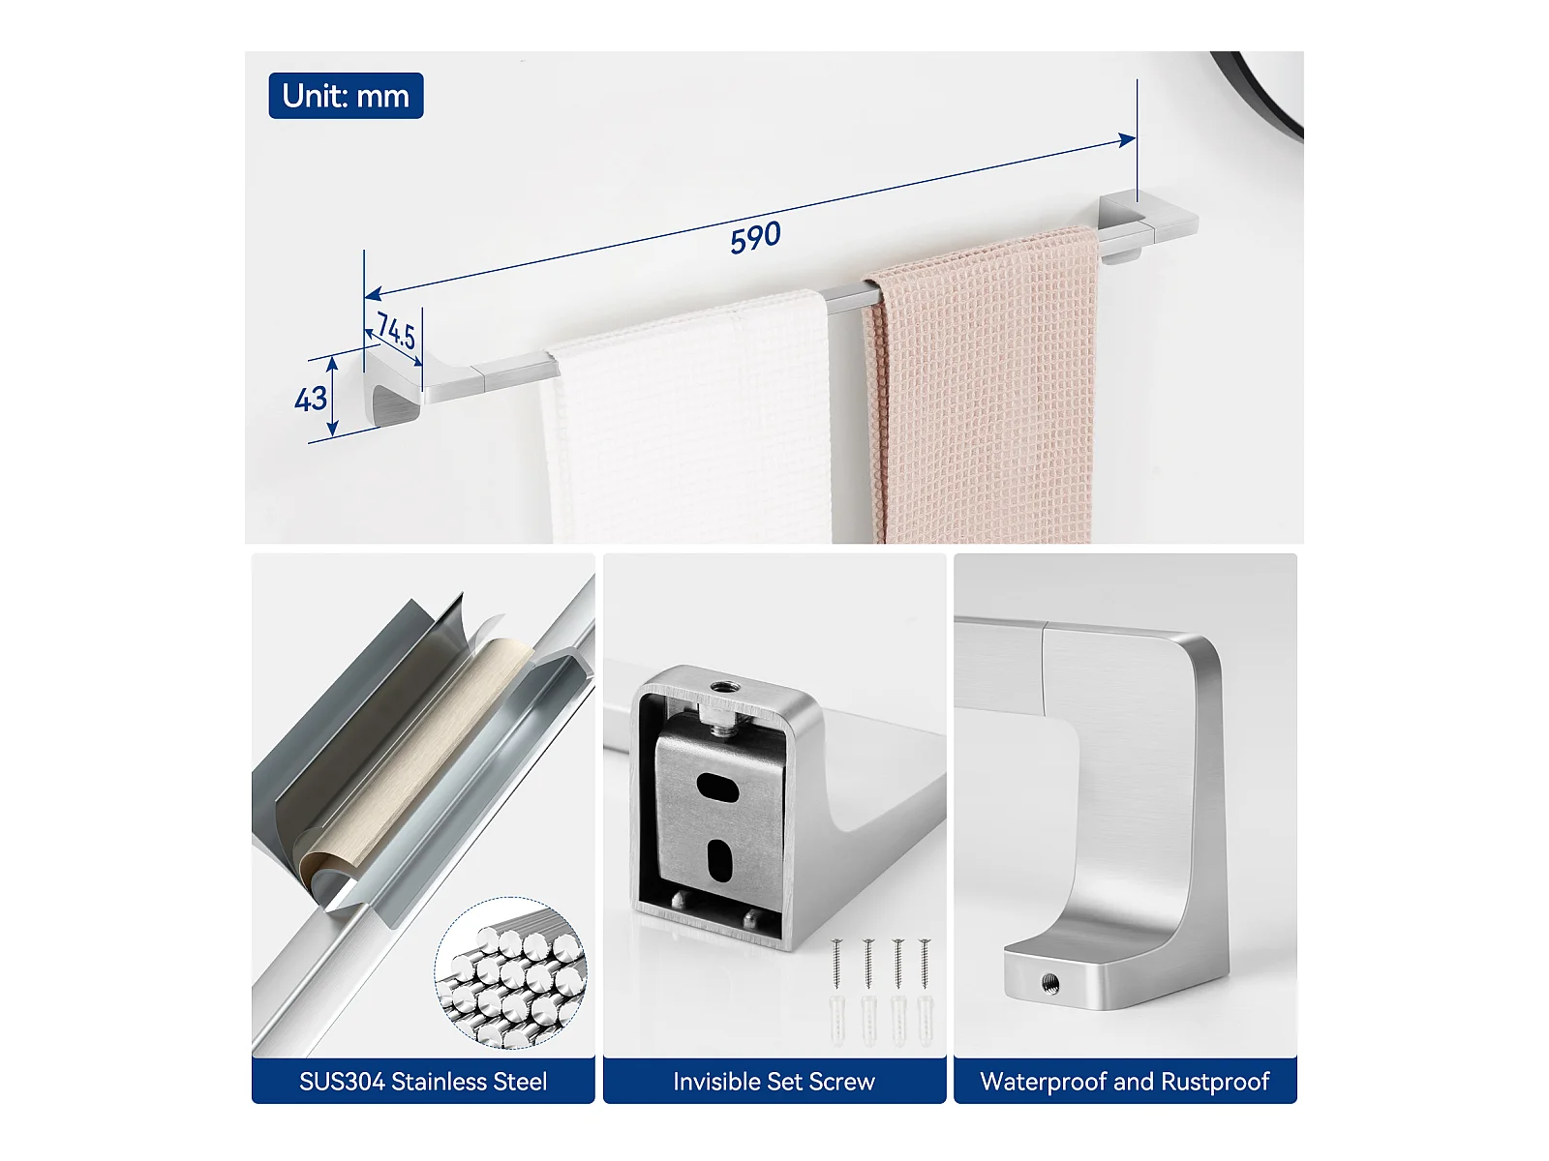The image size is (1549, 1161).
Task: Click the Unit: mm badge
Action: click(x=346, y=95)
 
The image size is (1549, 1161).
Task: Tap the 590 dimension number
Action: click(x=755, y=237)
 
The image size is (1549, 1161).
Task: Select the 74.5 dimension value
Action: click(x=396, y=330)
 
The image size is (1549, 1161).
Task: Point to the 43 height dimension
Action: click(x=311, y=399)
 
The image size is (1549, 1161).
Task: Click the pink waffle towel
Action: click(x=981, y=384)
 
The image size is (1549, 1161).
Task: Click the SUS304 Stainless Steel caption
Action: click(x=423, y=1082)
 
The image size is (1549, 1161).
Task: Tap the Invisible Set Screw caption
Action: click(x=774, y=1082)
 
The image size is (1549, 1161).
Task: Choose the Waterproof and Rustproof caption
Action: click(x=1125, y=1082)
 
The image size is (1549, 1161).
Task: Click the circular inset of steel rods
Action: click(x=510, y=972)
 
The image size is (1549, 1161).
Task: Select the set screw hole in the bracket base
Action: click(x=1049, y=982)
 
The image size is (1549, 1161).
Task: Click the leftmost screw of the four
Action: click(x=837, y=963)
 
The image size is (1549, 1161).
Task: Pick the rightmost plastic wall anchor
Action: click(x=925, y=1020)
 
